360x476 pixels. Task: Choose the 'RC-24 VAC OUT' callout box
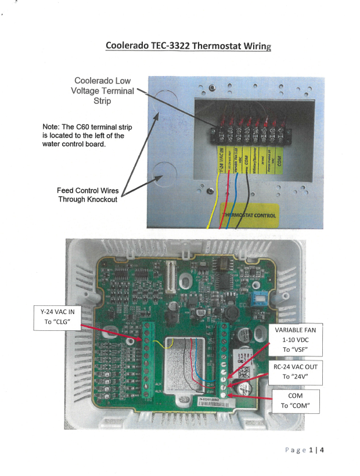click(x=296, y=372)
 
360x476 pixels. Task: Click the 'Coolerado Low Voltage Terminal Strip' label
click(x=103, y=91)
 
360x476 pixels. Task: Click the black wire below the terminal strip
click(x=247, y=200)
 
